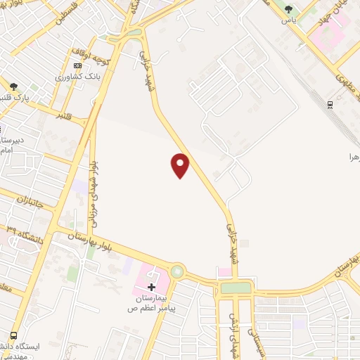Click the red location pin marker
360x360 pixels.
181,165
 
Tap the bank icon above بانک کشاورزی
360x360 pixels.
77,65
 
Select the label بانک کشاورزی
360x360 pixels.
79,75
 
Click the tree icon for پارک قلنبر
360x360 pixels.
13,86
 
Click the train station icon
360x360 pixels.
329,105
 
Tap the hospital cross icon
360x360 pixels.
151,286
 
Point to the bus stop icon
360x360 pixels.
13,335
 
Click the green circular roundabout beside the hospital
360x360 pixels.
176,271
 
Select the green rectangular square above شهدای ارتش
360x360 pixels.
235,288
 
